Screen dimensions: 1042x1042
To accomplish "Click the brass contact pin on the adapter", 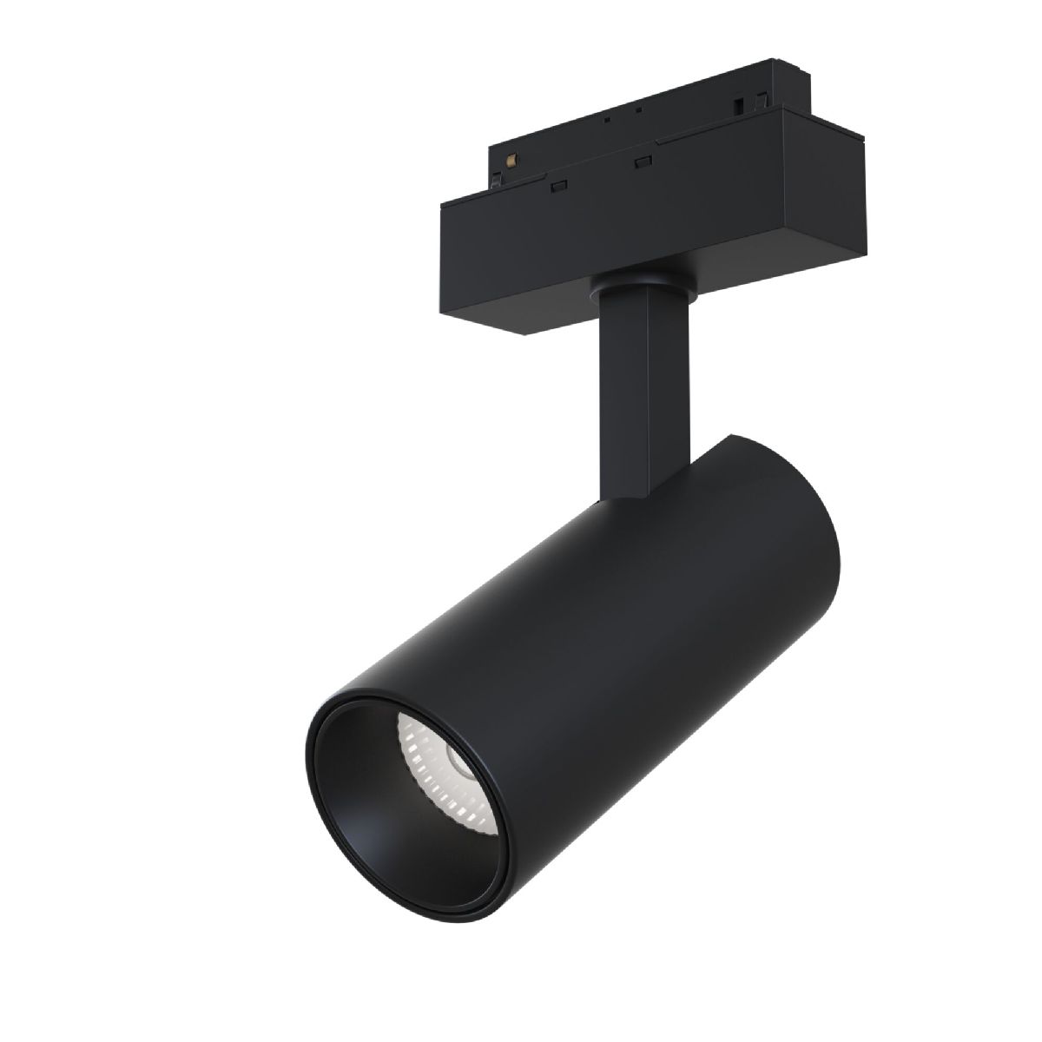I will (511, 159).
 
